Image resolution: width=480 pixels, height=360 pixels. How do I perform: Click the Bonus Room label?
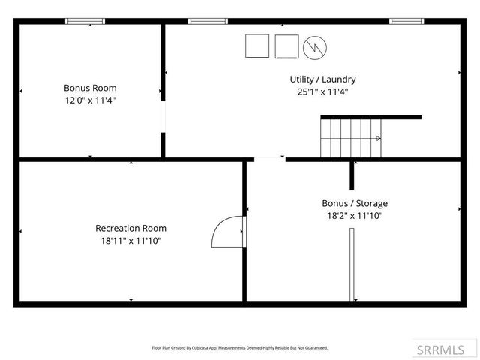(90, 88)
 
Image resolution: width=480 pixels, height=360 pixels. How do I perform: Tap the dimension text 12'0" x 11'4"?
(90, 100)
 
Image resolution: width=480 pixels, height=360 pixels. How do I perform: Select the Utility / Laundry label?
(322, 79)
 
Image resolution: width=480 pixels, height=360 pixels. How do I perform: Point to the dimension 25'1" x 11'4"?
(322, 91)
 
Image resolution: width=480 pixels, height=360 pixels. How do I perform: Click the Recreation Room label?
(131, 228)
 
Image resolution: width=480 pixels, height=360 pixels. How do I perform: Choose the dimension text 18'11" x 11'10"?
(131, 241)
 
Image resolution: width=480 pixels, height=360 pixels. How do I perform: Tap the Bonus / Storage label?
(355, 203)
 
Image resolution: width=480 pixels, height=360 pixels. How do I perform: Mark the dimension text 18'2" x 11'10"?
(355, 216)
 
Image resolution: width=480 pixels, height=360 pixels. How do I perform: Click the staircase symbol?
(352, 139)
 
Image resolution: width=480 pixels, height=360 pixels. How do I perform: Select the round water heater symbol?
(313, 47)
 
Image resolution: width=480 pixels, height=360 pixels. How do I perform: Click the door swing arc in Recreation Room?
(226, 231)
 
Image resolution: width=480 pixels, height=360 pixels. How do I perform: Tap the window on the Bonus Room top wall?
(86, 21)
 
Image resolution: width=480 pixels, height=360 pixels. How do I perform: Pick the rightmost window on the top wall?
(406, 21)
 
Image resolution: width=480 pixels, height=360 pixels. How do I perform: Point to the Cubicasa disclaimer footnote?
(240, 348)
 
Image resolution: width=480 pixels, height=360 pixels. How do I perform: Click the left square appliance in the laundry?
(258, 46)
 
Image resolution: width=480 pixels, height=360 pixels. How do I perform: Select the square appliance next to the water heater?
(286, 46)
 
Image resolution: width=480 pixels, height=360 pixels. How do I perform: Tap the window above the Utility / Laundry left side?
(208, 21)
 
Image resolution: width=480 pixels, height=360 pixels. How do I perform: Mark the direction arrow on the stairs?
(379, 139)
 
